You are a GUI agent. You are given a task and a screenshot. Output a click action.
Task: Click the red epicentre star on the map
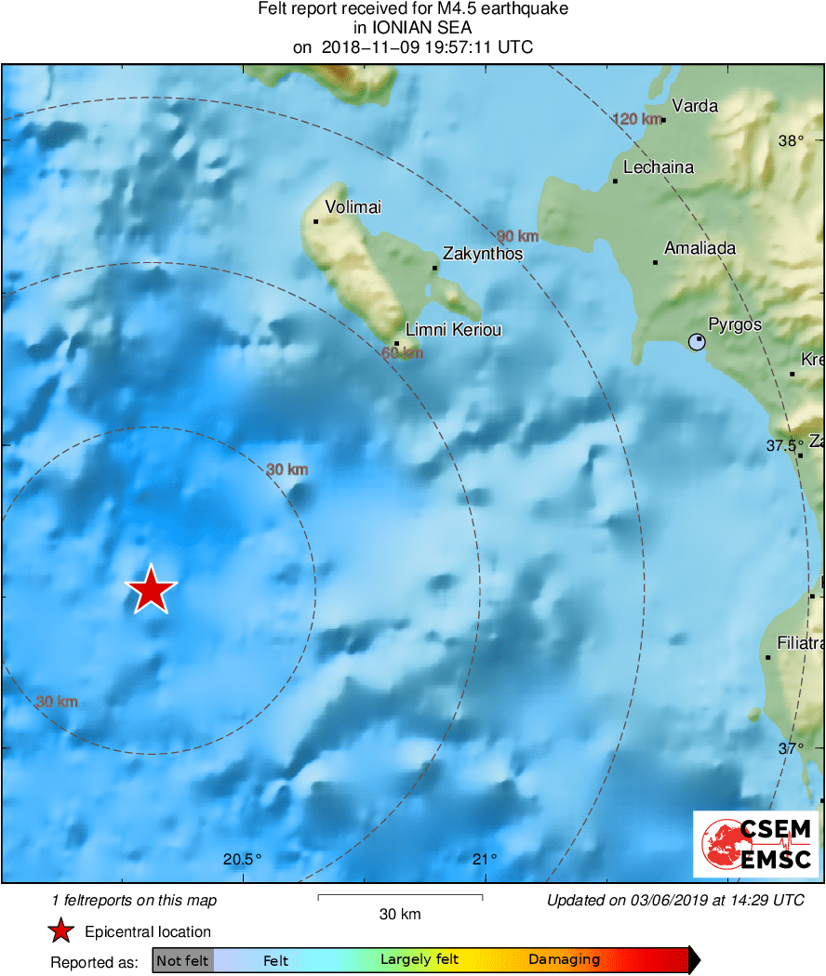click(151, 589)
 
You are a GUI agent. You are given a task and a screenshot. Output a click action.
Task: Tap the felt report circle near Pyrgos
click(697, 342)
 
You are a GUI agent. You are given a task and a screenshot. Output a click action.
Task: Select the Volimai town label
click(353, 207)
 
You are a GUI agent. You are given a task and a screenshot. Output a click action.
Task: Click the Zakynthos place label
click(482, 254)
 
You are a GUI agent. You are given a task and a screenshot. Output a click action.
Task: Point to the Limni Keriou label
click(454, 330)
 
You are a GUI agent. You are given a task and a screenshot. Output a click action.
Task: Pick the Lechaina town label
click(659, 168)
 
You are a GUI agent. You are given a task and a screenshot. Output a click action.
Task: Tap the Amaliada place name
click(699, 248)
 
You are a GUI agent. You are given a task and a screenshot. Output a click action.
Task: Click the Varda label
click(695, 106)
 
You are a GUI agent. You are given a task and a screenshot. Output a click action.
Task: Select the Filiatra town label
click(800, 643)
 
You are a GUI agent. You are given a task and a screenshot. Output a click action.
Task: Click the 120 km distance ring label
click(637, 119)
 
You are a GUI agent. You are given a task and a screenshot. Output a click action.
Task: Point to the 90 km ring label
click(518, 236)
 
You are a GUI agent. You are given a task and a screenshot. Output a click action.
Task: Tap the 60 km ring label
click(402, 353)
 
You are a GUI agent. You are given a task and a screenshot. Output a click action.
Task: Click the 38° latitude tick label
click(791, 141)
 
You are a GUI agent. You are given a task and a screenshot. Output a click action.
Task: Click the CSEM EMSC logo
click(755, 843)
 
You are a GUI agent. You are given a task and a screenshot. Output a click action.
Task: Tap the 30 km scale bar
click(400, 897)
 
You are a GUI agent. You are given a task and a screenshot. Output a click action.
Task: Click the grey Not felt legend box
click(183, 960)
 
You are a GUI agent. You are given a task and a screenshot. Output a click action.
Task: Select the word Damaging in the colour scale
click(564, 960)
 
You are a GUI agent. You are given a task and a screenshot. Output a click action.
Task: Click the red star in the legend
click(61, 931)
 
